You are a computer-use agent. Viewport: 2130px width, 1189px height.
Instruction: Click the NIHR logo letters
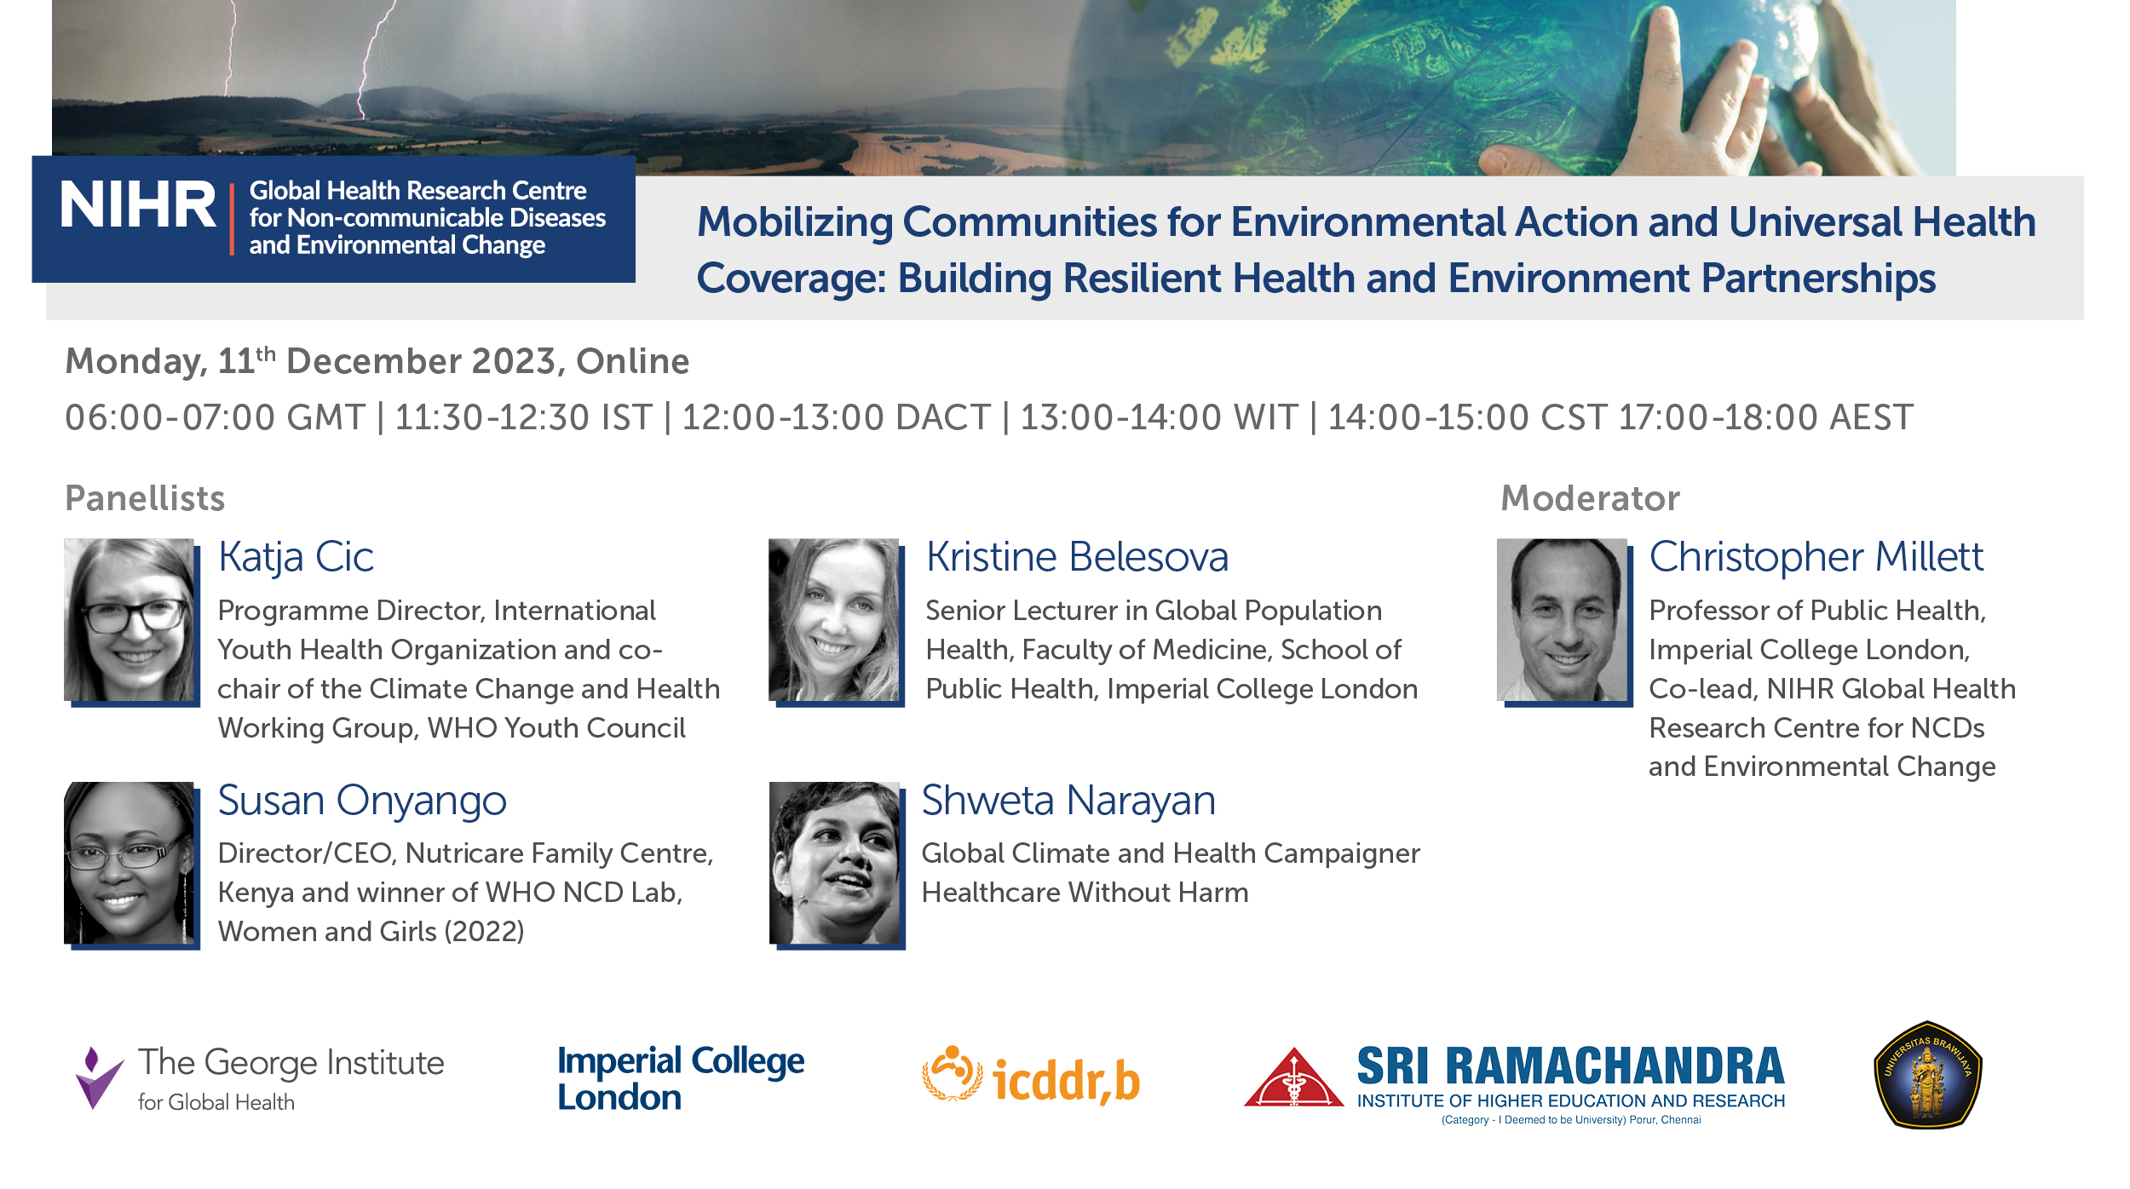click(x=138, y=205)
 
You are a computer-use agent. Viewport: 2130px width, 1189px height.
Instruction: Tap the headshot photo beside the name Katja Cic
click(x=130, y=619)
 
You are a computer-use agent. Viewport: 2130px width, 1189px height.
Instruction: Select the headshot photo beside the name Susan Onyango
click(x=130, y=863)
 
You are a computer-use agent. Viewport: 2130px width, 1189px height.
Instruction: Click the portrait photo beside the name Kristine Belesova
click(x=834, y=619)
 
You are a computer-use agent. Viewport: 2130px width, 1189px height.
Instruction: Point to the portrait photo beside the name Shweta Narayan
click(x=835, y=863)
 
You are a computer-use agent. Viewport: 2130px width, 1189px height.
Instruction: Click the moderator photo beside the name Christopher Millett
click(x=1563, y=619)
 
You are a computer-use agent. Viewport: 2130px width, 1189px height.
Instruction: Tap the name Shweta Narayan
click(x=1068, y=801)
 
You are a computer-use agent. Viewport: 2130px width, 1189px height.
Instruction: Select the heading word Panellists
click(x=145, y=498)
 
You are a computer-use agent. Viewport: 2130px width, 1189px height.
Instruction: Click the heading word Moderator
click(x=1590, y=498)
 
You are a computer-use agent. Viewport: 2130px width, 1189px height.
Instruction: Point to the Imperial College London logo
click(x=681, y=1078)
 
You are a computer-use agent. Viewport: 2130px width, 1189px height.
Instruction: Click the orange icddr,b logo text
click(x=1066, y=1081)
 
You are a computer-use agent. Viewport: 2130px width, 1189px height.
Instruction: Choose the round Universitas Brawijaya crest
click(x=1928, y=1075)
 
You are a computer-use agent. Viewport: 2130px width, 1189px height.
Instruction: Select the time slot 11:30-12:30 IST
click(x=523, y=417)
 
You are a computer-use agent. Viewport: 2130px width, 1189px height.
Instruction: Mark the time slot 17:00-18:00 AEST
click(x=1765, y=417)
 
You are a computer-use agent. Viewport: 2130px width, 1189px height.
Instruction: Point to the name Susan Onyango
click(x=362, y=801)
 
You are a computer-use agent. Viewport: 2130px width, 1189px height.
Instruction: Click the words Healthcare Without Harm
click(x=1085, y=893)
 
